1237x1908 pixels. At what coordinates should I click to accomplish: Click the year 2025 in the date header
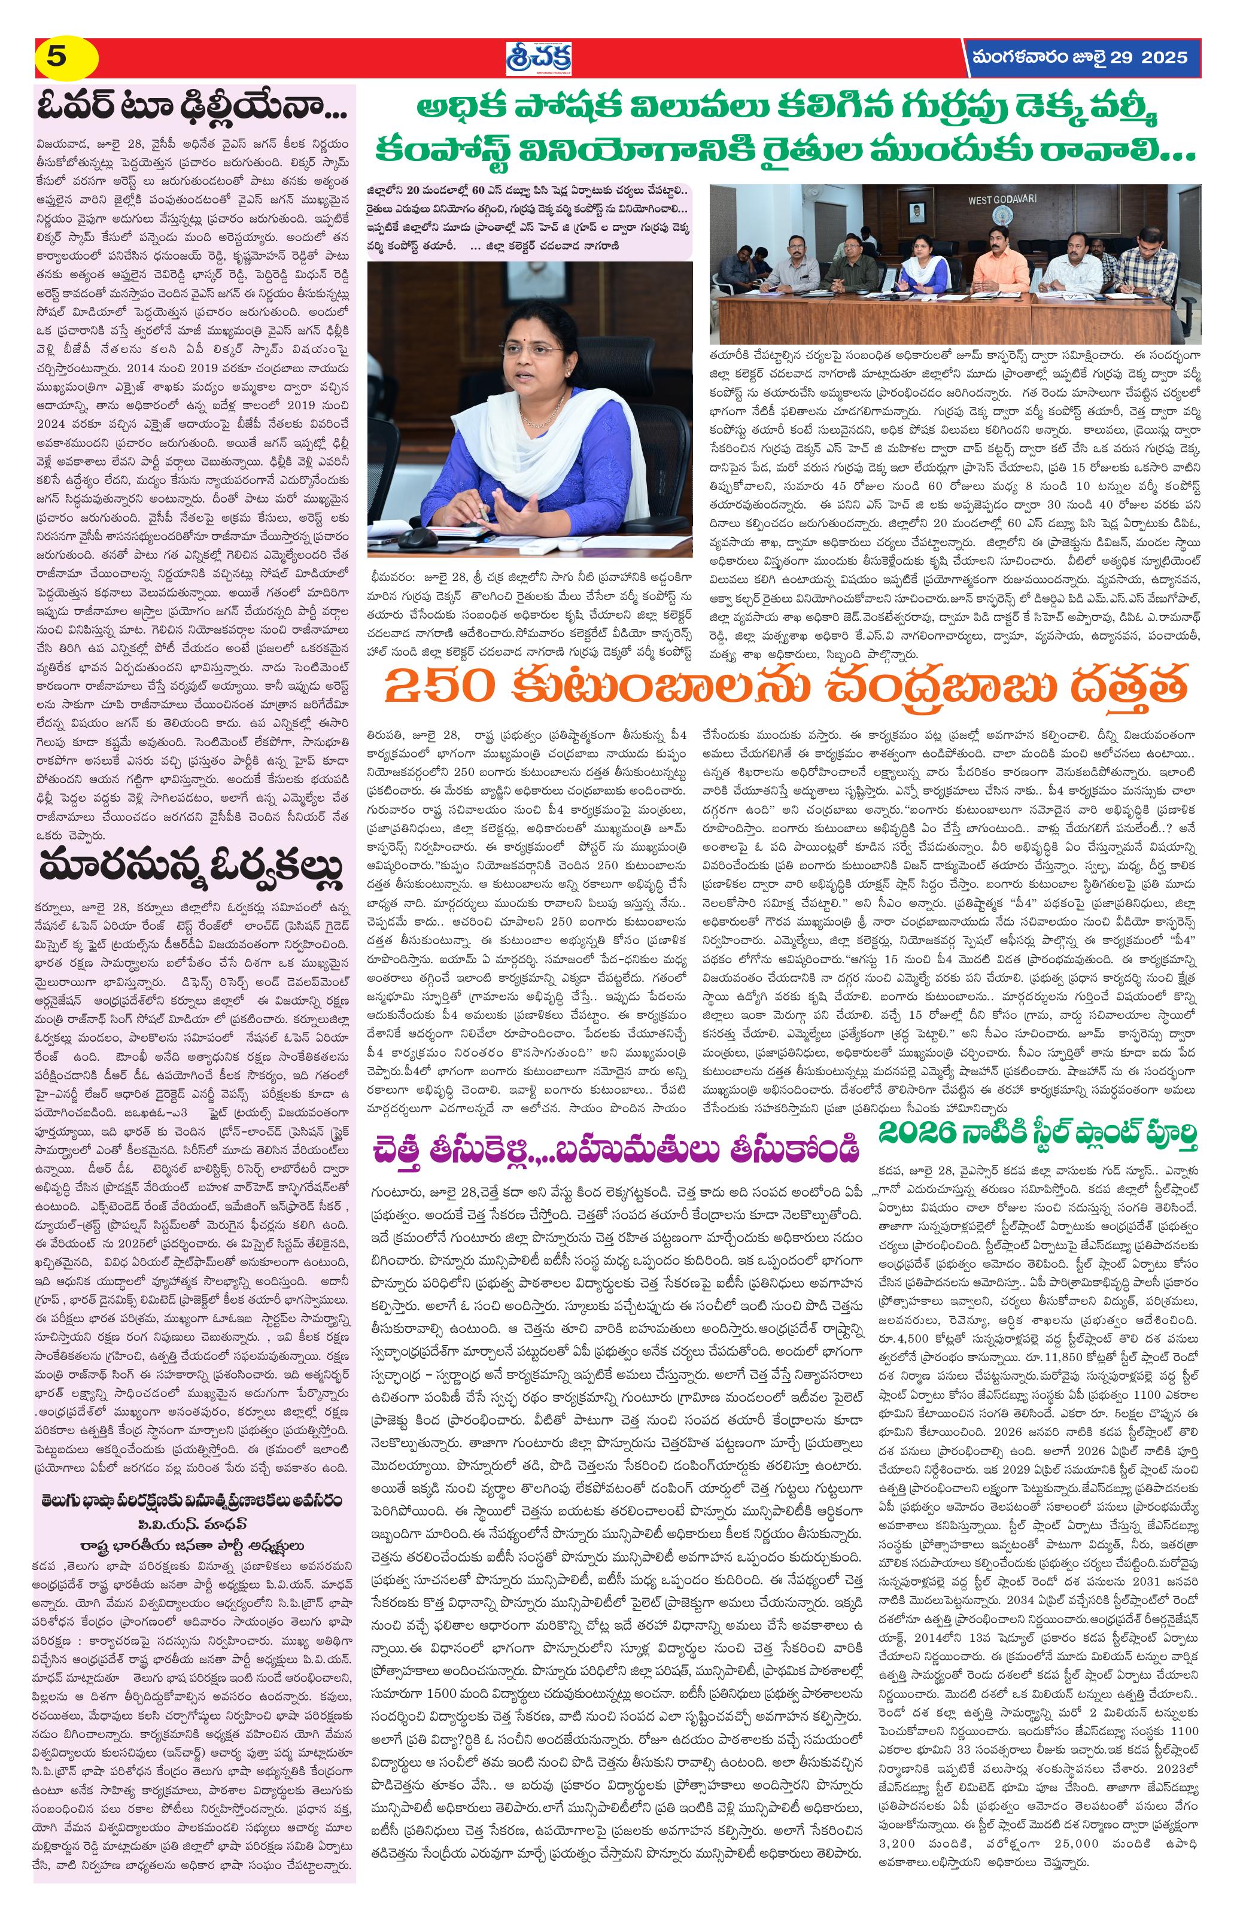pos(1163,57)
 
